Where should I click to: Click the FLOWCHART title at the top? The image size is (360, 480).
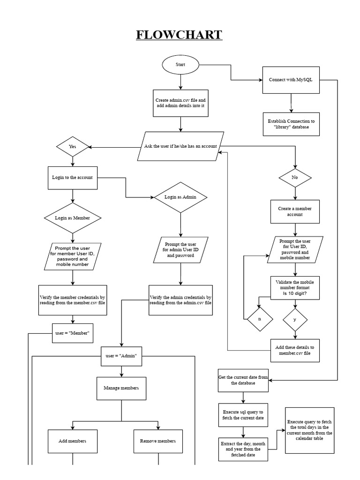180,35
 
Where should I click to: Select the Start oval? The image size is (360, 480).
180,65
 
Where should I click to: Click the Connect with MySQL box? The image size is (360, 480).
291,80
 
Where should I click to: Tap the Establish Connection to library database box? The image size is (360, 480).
291,124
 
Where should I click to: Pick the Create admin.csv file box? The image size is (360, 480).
180,103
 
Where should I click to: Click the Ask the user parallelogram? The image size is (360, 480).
180,146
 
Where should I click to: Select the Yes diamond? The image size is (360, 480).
72,147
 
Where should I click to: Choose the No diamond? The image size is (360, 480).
295,178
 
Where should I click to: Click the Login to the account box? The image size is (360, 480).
72,178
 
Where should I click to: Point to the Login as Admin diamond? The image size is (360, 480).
180,197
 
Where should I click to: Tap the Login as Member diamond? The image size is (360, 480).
72,218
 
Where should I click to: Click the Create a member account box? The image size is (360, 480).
295,211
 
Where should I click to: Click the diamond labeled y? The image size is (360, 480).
295,320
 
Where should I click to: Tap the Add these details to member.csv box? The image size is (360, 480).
295,351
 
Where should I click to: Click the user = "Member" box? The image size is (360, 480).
72,333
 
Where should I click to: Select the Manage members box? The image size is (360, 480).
121,388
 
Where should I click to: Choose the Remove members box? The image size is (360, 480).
158,441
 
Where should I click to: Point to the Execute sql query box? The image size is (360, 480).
243,415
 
